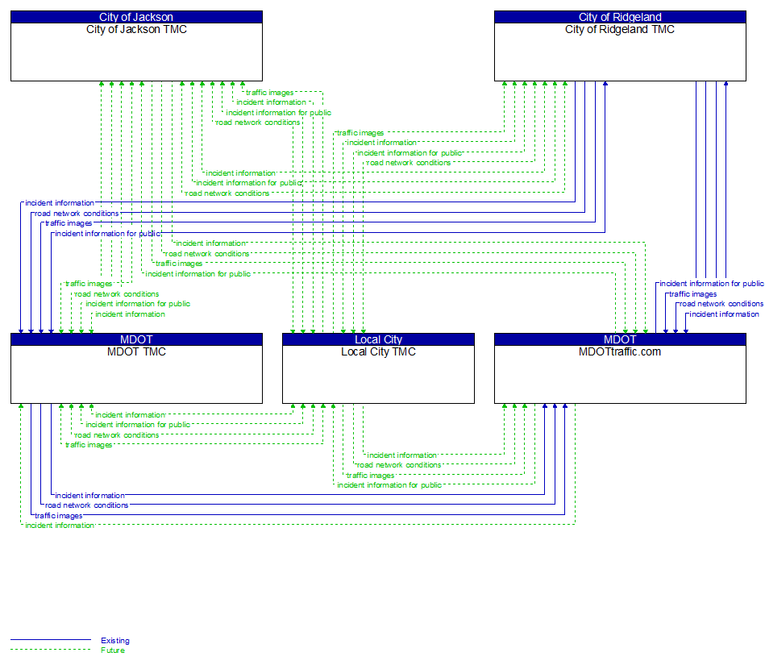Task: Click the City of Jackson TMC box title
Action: (136, 30)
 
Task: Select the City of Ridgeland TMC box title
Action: (620, 30)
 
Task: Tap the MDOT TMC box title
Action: (136, 351)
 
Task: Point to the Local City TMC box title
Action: (378, 351)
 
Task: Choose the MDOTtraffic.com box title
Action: (620, 351)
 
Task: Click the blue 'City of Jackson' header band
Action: (136, 17)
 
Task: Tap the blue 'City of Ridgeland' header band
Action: (620, 17)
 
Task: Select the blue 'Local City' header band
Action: (378, 339)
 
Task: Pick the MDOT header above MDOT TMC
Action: (136, 339)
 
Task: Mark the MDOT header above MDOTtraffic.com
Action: (620, 339)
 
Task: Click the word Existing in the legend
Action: (115, 641)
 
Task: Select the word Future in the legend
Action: (113, 650)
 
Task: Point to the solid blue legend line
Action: (50, 641)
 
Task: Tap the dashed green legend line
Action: (50, 650)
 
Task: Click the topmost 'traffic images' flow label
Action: (269, 93)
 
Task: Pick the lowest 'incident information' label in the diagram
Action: (59, 526)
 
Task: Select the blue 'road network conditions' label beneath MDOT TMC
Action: (86, 505)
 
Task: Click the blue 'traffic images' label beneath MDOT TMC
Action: (58, 516)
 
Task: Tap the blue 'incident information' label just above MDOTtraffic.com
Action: (724, 314)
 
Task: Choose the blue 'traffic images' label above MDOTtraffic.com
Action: (693, 294)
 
